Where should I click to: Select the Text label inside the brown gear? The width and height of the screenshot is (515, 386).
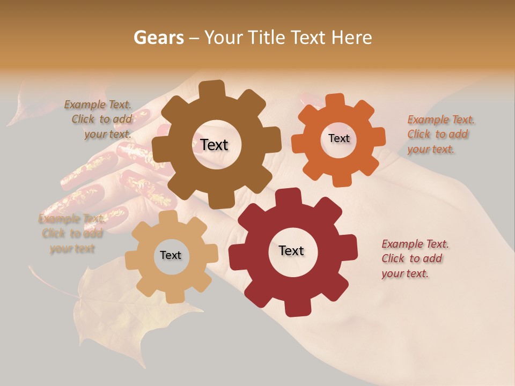click(x=214, y=145)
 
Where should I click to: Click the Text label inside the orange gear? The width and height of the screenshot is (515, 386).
click(x=339, y=138)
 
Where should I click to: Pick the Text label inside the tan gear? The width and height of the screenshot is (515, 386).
click(x=171, y=255)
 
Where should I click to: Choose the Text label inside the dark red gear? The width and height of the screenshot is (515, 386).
click(x=291, y=250)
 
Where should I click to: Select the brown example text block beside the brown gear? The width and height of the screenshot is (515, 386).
click(x=100, y=120)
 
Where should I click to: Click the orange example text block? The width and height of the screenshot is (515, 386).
click(x=440, y=135)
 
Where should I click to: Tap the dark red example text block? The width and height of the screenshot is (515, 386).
click(x=414, y=259)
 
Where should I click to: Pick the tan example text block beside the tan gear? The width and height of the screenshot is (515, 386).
click(x=71, y=234)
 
